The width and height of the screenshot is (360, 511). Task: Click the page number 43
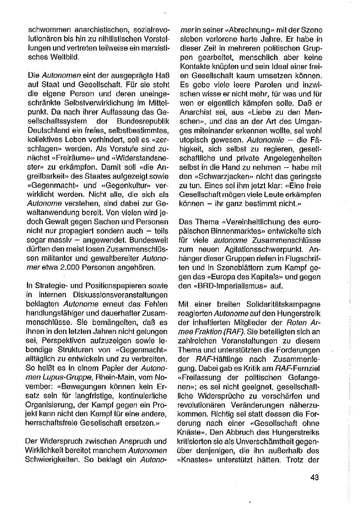[x=315, y=478]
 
